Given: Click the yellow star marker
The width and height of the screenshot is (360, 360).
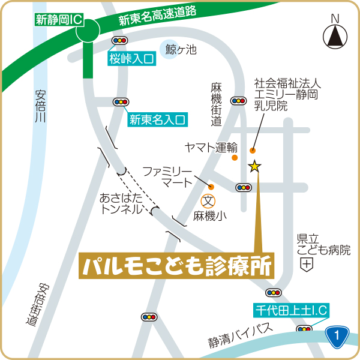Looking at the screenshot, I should pyautogui.click(x=255, y=166).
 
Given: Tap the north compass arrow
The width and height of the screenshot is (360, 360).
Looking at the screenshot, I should pyautogui.click(x=335, y=37).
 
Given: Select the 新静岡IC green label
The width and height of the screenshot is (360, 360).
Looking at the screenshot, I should pyautogui.click(x=59, y=19).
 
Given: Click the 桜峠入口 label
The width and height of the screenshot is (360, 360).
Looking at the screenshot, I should pyautogui.click(x=131, y=58).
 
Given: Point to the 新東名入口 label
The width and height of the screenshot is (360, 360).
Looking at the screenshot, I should pyautogui.click(x=157, y=119).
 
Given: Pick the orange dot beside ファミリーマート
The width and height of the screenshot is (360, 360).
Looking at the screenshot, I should pyautogui.click(x=211, y=186).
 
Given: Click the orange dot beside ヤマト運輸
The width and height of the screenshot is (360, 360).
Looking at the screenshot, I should pyautogui.click(x=235, y=158).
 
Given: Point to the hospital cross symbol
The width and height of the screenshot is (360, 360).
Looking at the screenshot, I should pyautogui.click(x=307, y=264).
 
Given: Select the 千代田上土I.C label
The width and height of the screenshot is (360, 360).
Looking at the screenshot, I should pyautogui.click(x=290, y=310).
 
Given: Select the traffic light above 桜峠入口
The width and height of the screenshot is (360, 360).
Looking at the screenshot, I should pyautogui.click(x=120, y=40).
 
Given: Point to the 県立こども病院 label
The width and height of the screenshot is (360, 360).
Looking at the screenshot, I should pyautogui.click(x=323, y=244).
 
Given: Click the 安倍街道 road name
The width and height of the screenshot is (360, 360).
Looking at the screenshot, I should pyautogui.click(x=37, y=305).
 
